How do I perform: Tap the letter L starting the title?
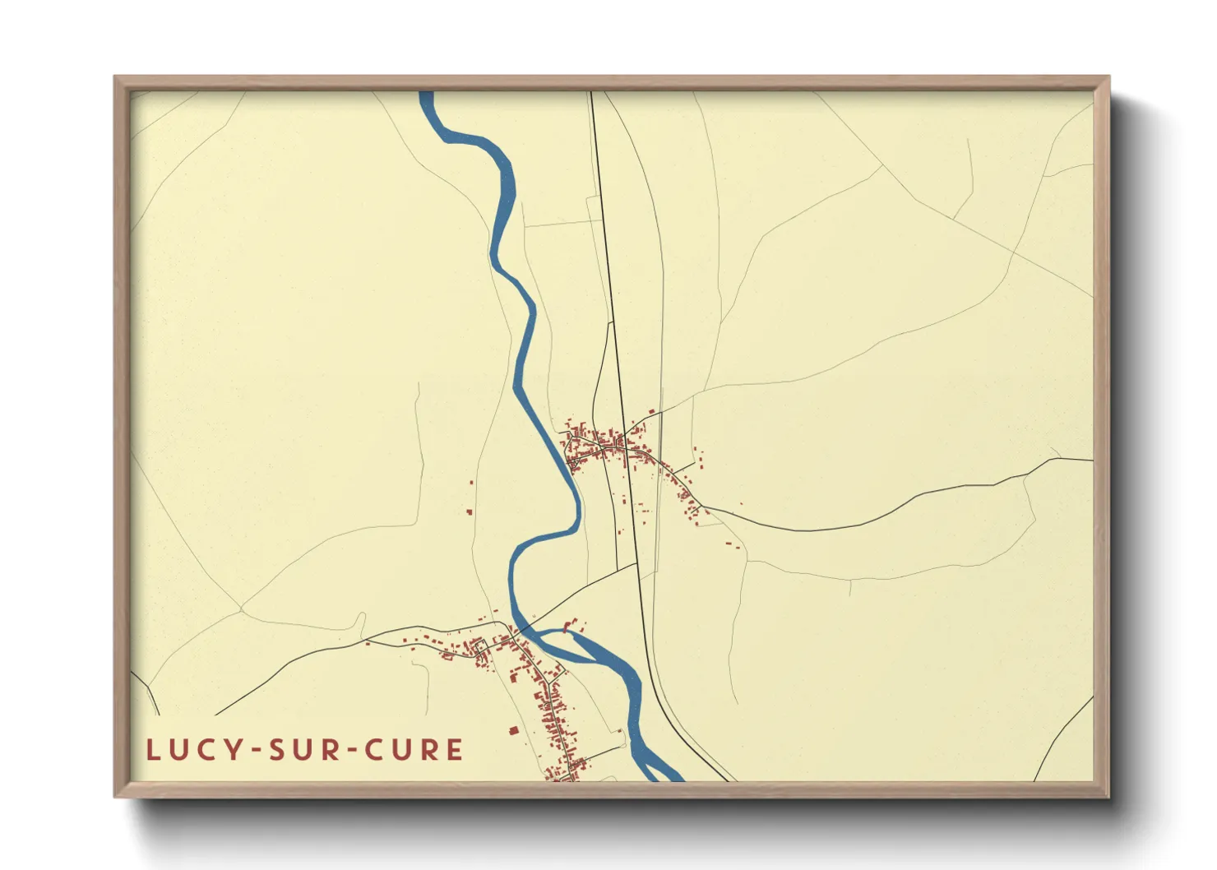click(152, 750)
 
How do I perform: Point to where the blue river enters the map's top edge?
click(426, 93)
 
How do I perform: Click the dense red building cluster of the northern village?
click(604, 444)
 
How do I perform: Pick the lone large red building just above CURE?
click(514, 729)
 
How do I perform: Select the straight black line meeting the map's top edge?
click(591, 94)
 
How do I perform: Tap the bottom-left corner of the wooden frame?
click(116, 795)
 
